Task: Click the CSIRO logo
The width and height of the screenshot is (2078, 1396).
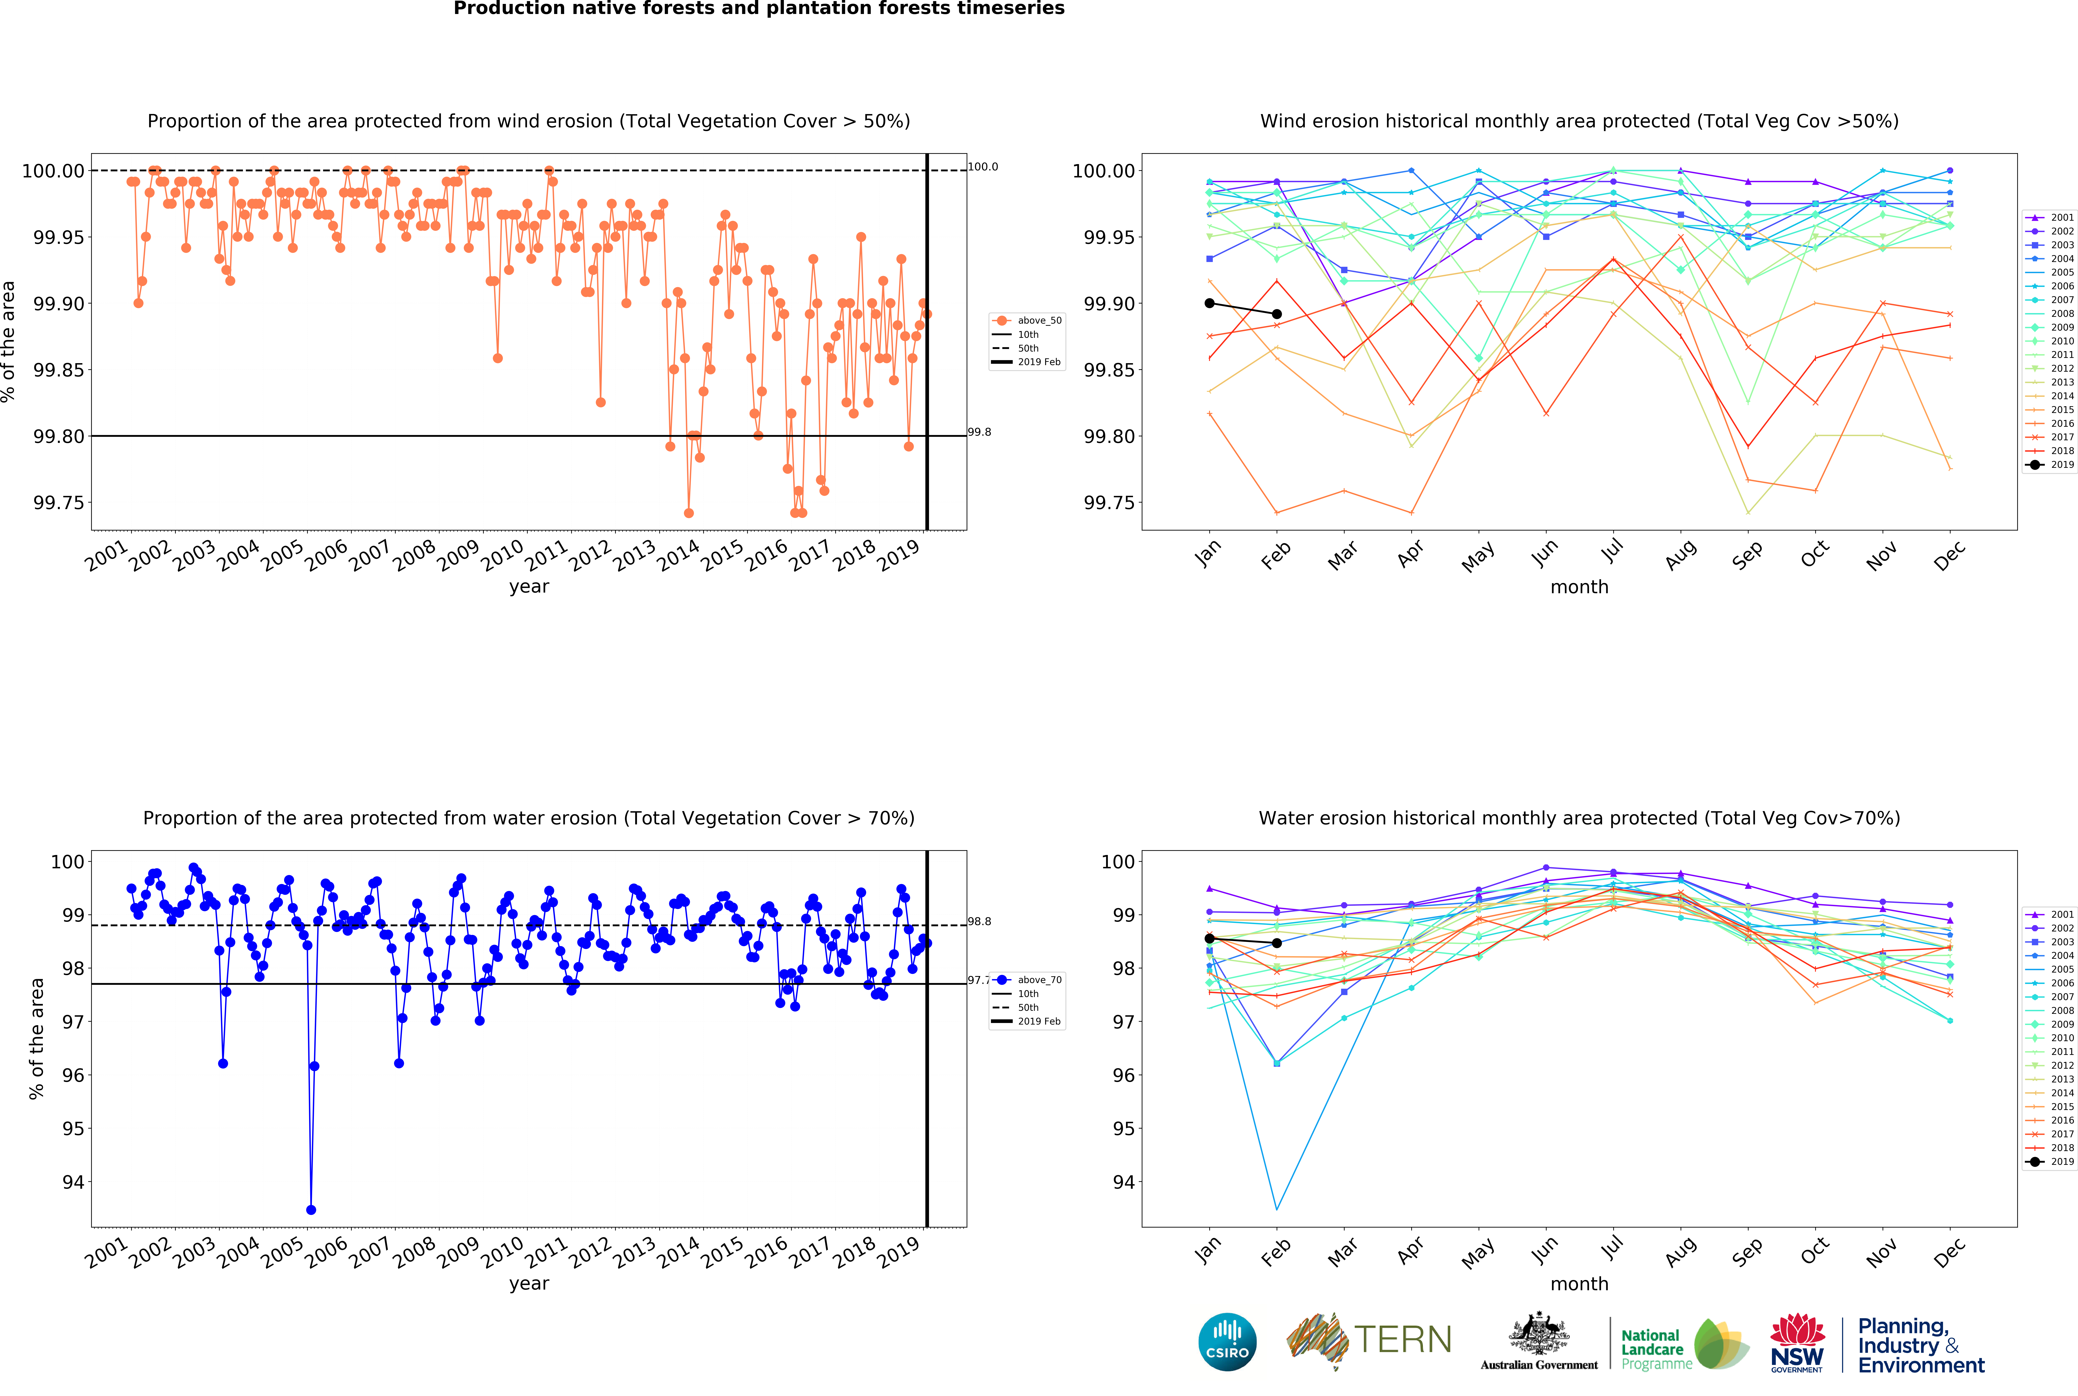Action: click(x=1227, y=1342)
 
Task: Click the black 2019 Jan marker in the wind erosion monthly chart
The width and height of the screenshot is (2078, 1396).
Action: click(x=1210, y=303)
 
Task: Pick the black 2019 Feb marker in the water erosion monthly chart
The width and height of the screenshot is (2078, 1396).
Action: click(x=1277, y=943)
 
